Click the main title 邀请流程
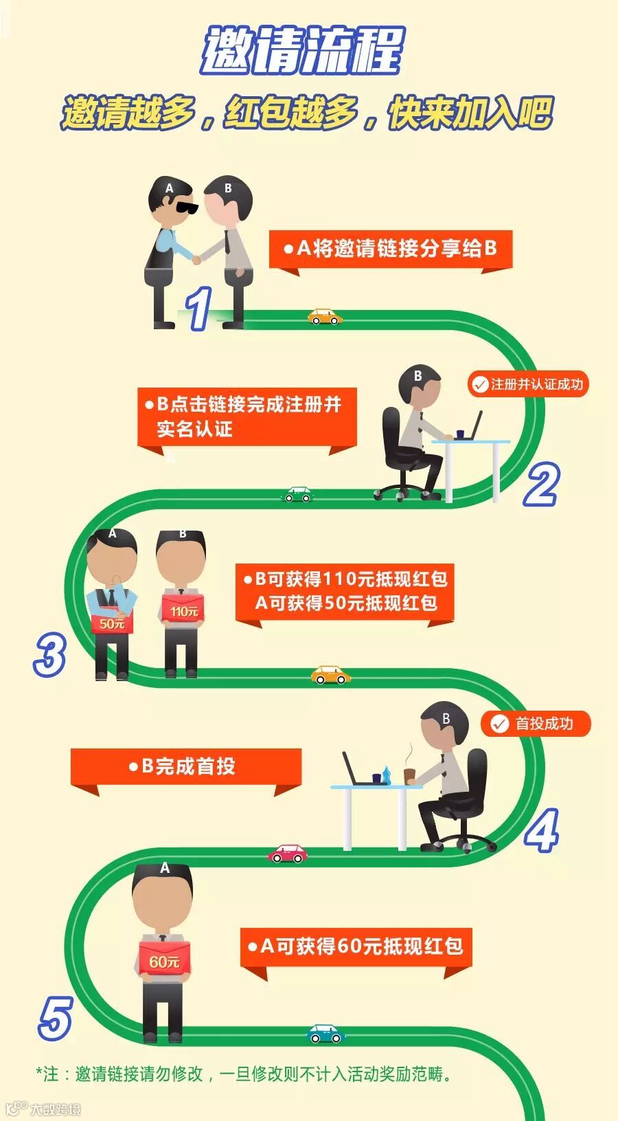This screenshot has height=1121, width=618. [x=302, y=51]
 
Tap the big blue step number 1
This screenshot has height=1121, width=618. [x=199, y=309]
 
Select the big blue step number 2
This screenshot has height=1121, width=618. [x=541, y=485]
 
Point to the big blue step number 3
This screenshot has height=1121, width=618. [x=50, y=654]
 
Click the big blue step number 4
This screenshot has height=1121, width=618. [x=542, y=830]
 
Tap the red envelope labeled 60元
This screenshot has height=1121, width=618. [x=164, y=962]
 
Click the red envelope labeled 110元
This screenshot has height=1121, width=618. [x=183, y=610]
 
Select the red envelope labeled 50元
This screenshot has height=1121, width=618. [x=112, y=623]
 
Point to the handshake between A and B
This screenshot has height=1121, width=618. [x=197, y=259]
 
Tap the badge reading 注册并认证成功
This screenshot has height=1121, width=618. [x=528, y=384]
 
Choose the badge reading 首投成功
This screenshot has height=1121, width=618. [x=536, y=724]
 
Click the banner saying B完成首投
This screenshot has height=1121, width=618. [x=185, y=766]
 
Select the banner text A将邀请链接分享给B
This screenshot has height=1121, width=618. [x=391, y=249]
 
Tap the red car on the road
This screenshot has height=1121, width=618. [x=288, y=854]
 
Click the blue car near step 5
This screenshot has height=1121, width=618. [x=325, y=1034]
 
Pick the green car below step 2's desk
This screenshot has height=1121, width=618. [x=298, y=494]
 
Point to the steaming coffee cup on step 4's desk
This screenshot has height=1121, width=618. [x=410, y=775]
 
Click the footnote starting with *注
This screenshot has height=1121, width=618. [x=244, y=1074]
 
